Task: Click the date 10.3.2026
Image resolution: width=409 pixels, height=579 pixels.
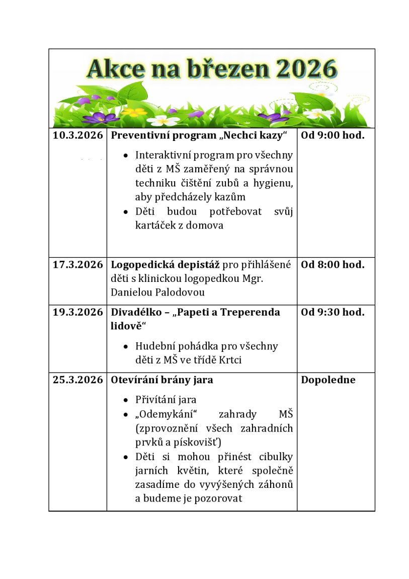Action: (x=77, y=135)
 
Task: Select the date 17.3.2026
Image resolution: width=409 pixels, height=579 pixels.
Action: (x=77, y=265)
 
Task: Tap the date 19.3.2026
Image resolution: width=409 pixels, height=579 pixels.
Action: (x=77, y=312)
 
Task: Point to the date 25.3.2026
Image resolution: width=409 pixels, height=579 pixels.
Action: (x=77, y=380)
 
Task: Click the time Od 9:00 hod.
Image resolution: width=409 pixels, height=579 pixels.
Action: (x=333, y=135)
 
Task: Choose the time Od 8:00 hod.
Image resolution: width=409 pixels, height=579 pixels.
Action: (x=333, y=265)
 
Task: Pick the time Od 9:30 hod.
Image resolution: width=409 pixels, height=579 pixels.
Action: (x=333, y=312)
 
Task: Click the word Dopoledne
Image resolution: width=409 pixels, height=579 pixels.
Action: (x=328, y=380)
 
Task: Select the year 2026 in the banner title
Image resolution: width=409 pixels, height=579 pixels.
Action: (x=304, y=69)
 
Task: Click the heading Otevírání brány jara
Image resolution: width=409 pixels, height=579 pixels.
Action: (x=161, y=380)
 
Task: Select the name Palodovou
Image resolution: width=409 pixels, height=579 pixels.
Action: (x=179, y=293)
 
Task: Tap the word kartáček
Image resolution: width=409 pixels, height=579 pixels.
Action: (x=155, y=226)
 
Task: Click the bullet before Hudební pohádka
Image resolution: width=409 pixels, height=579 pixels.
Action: (x=126, y=347)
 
